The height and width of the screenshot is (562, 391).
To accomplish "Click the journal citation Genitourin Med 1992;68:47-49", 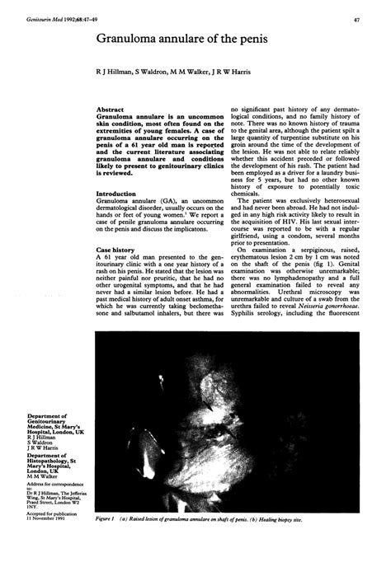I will tap(50, 19).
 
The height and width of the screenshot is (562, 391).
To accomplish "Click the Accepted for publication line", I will tap(51, 518).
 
